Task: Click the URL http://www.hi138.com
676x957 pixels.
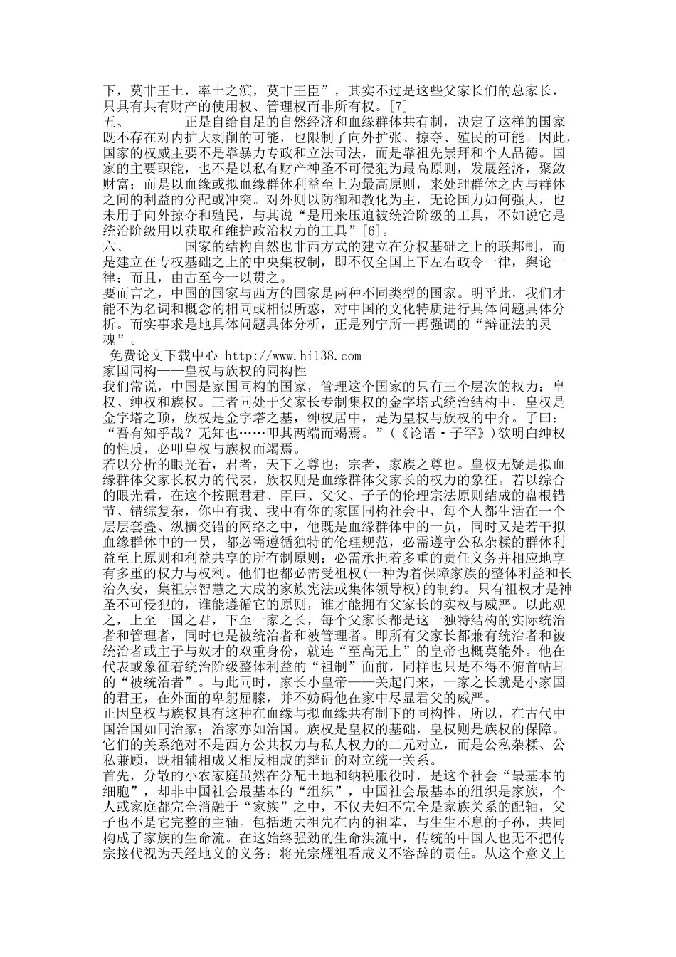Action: [x=293, y=355]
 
